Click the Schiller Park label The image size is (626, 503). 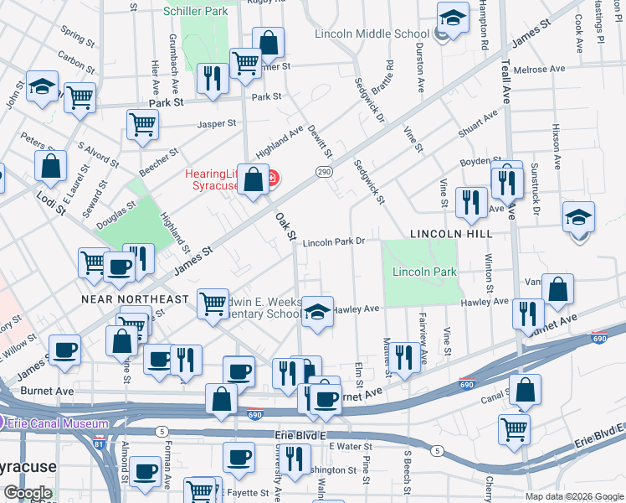[196, 12]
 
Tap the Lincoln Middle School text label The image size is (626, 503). [372, 34]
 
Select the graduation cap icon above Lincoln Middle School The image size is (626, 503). [453, 17]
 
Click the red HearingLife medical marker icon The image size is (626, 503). [272, 179]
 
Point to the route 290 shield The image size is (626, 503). [324, 171]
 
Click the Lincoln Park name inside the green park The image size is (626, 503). [424, 272]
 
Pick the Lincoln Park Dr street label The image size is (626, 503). [335, 241]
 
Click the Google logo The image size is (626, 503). [27, 493]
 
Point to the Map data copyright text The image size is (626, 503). [574, 496]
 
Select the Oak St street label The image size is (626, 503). [286, 226]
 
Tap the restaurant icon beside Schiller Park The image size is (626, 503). [213, 78]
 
